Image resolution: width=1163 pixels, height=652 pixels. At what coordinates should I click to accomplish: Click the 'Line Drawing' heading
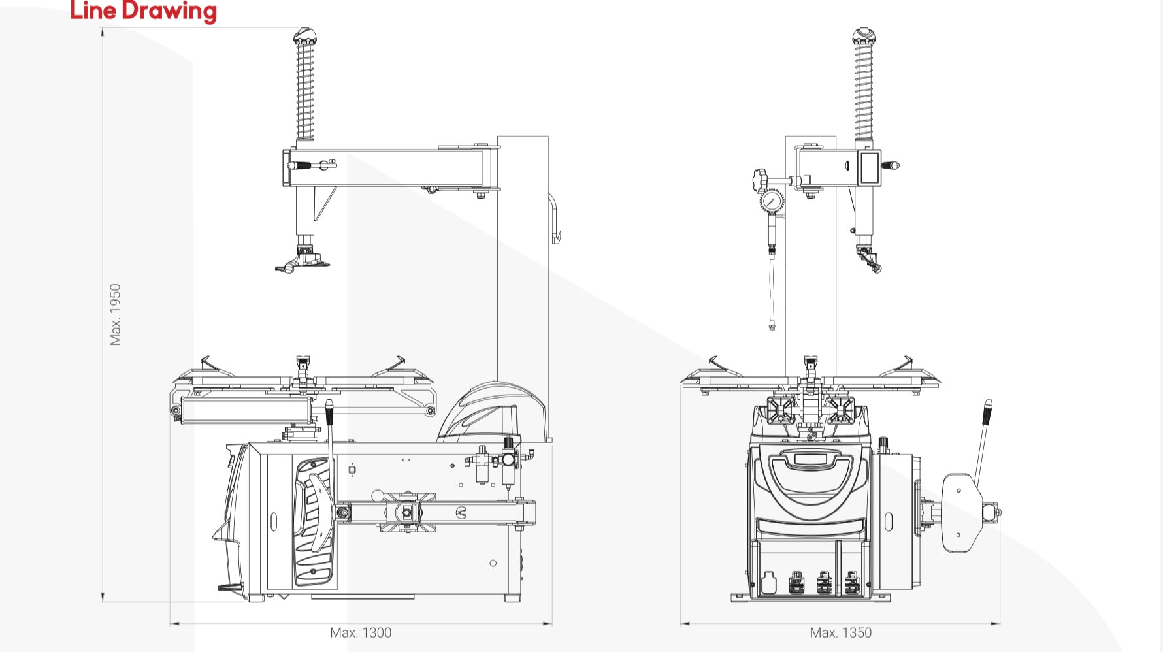point(143,11)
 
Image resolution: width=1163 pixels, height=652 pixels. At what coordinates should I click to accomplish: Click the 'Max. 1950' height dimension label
point(116,314)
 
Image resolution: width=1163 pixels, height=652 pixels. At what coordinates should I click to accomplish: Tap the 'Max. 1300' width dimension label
point(361,632)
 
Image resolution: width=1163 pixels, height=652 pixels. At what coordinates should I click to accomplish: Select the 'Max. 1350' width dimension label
point(840,632)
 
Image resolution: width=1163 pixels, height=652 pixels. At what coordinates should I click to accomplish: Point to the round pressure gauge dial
point(772,201)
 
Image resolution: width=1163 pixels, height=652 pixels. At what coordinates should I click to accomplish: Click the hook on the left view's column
point(555,219)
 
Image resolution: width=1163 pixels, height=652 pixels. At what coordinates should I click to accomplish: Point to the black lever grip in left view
point(329,412)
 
